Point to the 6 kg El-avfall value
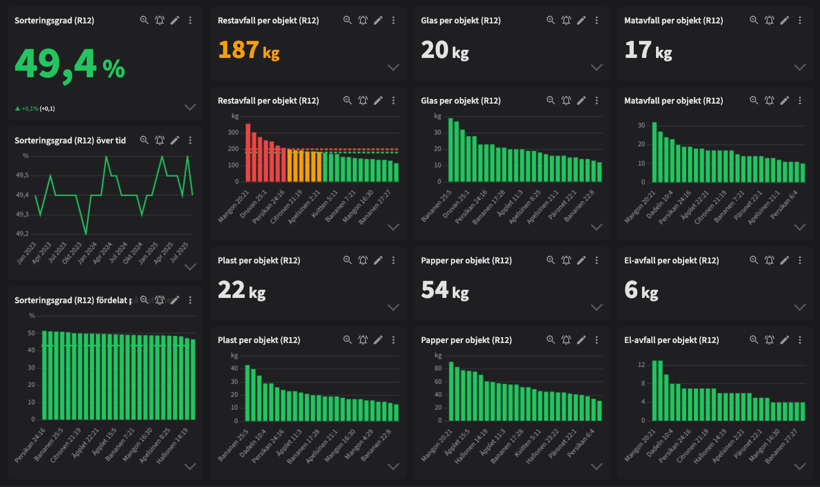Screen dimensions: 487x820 pos(641,290)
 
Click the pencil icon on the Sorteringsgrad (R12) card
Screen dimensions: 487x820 pos(175,20)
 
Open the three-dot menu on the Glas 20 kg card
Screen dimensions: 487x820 pos(596,20)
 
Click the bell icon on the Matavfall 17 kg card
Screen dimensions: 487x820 pos(769,20)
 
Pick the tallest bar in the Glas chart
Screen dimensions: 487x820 pos(451,150)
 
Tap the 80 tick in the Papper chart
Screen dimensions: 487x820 pos(438,369)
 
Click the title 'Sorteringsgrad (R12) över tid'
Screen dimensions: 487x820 pos(70,140)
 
